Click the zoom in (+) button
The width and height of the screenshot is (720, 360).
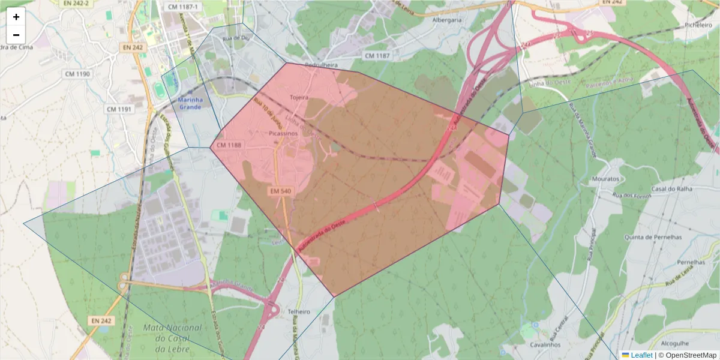(x=16, y=17)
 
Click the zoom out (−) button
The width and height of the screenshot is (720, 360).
(x=16, y=35)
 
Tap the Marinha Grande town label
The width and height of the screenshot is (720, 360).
(x=190, y=103)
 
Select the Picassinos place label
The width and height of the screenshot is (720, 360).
(x=283, y=133)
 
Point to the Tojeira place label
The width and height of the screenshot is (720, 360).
(x=299, y=97)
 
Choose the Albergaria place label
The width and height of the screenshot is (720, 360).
(x=447, y=20)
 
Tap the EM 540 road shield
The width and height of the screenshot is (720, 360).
(x=280, y=191)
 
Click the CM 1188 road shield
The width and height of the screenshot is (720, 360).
(x=229, y=145)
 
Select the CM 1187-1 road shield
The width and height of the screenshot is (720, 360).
(x=182, y=7)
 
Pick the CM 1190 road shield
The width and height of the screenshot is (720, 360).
(x=77, y=74)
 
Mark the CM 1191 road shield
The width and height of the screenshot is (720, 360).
(x=118, y=109)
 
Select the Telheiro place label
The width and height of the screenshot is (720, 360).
(x=299, y=312)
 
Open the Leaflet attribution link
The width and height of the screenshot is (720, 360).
(x=641, y=355)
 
